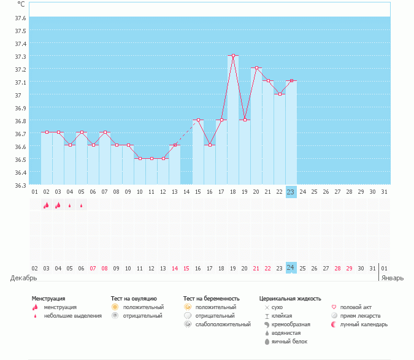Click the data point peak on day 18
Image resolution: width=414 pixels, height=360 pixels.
pyautogui.click(x=233, y=56)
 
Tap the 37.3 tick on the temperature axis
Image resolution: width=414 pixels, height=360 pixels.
pyautogui.click(x=20, y=56)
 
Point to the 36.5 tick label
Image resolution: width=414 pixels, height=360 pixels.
pyautogui.click(x=20, y=159)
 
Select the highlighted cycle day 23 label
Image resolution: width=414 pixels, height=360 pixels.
pyautogui.click(x=291, y=192)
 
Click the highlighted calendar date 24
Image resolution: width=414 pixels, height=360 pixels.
pyautogui.click(x=291, y=268)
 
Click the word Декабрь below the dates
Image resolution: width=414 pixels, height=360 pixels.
pyautogui.click(x=23, y=278)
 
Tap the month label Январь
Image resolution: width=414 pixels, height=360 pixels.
pyautogui.click(x=393, y=278)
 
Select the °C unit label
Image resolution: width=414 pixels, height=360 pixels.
pyautogui.click(x=21, y=4)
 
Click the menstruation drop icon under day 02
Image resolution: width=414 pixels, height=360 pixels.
pyautogui.click(x=46, y=205)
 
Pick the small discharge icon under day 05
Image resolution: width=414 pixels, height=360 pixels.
pyautogui.click(x=81, y=205)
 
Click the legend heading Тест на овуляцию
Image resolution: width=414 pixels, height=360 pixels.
pyautogui.click(x=134, y=299)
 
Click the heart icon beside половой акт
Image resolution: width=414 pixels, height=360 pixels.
pyautogui.click(x=334, y=307)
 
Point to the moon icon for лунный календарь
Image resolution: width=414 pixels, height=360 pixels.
pyautogui.click(x=334, y=324)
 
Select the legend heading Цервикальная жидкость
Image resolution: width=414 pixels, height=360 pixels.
pyautogui.click(x=290, y=299)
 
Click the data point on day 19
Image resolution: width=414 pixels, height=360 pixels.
pyautogui.click(x=245, y=120)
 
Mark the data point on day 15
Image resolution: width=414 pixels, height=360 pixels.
pyautogui.click(x=198, y=120)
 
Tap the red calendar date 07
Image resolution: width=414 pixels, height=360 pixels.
pyautogui.click(x=93, y=268)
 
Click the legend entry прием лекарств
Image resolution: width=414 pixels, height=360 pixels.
pyautogui.click(x=360, y=315)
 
